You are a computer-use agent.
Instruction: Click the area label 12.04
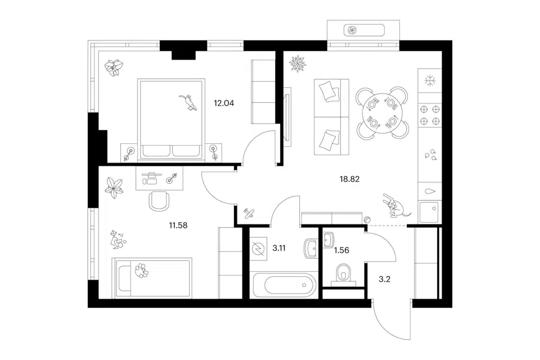pyautogui.click(x=224, y=103)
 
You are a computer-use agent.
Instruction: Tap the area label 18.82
pyautogui.click(x=349, y=179)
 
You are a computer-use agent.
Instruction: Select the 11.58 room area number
pyautogui.click(x=178, y=226)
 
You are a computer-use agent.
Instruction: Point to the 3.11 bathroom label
pyautogui.click(x=279, y=248)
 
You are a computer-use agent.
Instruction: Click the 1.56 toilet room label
pyautogui.click(x=341, y=250)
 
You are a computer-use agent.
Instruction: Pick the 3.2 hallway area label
pyautogui.click(x=384, y=280)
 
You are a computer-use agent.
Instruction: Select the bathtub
pyautogui.click(x=283, y=285)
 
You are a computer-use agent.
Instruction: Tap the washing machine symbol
pyautogui.click(x=259, y=249)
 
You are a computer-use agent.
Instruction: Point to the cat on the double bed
pyautogui.click(x=188, y=102)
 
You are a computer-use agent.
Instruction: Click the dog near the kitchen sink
pyautogui.click(x=395, y=206)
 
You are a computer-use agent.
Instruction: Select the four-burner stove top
pyautogui.click(x=430, y=115)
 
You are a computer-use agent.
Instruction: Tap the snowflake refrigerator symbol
pyautogui.click(x=430, y=81)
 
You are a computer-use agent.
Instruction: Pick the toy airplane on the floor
pyautogui.click(x=249, y=214)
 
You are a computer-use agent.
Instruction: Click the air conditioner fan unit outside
pyautogui.click(x=364, y=30)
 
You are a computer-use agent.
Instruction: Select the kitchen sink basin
pyautogui.click(x=429, y=212)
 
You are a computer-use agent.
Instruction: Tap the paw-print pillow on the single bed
pyautogui.click(x=141, y=271)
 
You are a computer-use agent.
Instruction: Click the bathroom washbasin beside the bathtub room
pyautogui.click(x=311, y=249)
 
